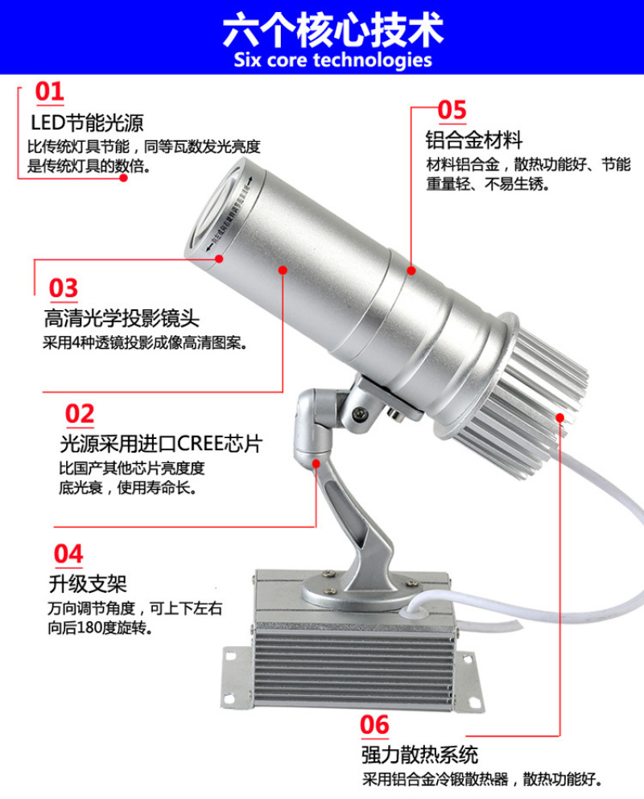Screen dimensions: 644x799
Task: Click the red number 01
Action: (49, 92)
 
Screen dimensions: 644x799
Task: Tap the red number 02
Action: (80, 414)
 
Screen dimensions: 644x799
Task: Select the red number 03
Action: (63, 288)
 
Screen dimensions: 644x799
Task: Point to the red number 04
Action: (68, 554)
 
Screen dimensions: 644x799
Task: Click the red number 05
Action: (452, 110)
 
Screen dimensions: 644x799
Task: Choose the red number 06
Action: (374, 725)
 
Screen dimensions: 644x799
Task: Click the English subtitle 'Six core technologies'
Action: (333, 60)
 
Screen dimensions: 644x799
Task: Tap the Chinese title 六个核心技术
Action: (333, 30)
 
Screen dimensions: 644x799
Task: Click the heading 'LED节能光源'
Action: (87, 122)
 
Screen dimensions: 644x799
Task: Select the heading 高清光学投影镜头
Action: (122, 319)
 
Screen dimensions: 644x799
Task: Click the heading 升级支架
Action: (88, 584)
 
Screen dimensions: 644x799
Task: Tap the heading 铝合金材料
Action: (474, 140)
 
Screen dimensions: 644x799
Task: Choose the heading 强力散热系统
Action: (420, 755)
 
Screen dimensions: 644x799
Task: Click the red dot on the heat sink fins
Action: (560, 417)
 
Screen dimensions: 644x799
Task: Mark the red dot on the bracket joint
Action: (316, 464)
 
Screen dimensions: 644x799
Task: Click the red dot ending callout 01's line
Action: (124, 178)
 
